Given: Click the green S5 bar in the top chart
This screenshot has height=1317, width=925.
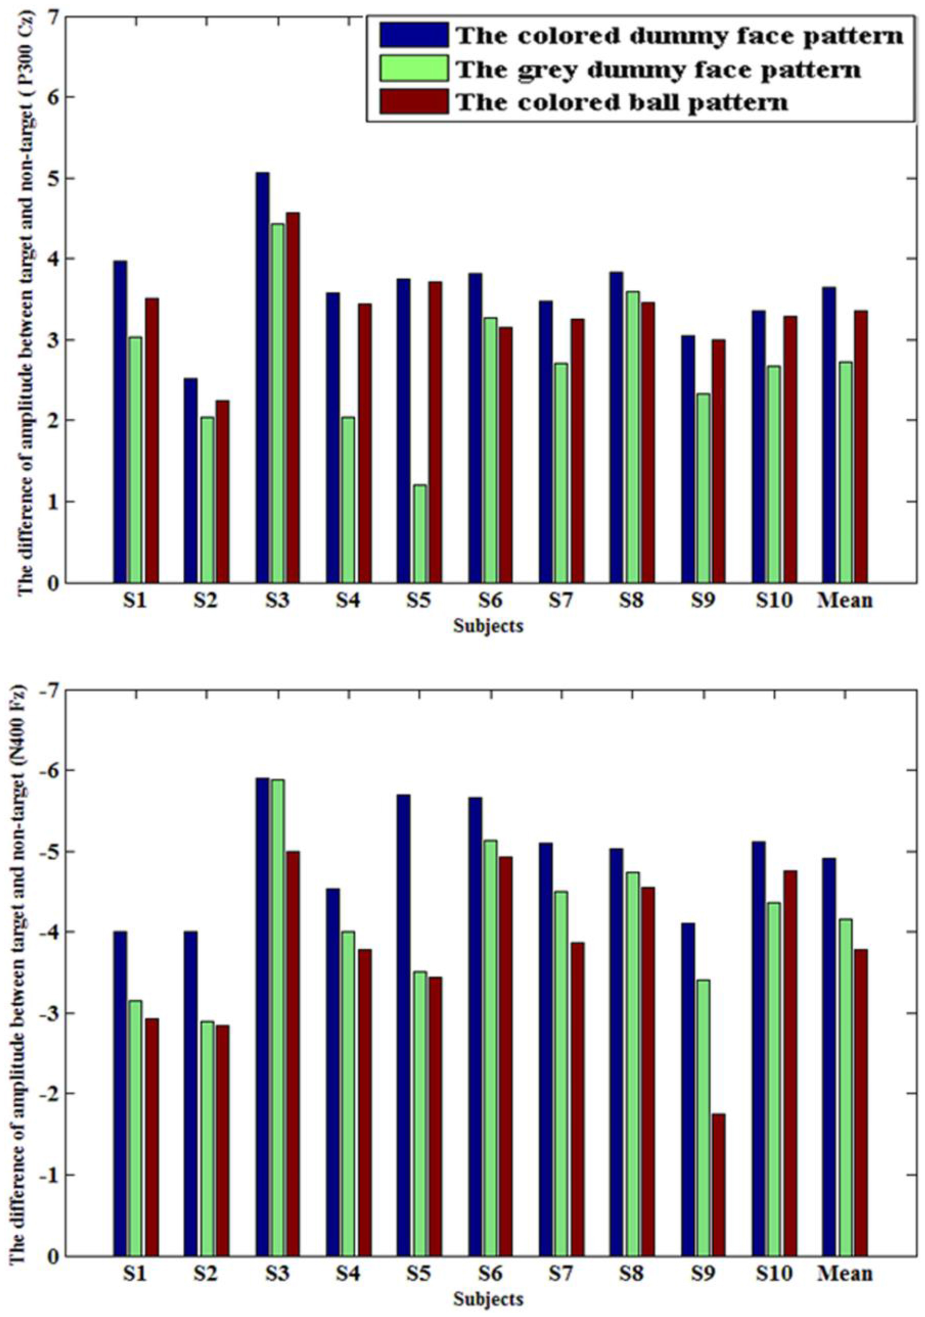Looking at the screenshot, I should coord(419,534).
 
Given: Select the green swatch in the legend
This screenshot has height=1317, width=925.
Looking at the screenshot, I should coord(413,68).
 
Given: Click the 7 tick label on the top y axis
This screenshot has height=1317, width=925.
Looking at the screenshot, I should coord(54,17).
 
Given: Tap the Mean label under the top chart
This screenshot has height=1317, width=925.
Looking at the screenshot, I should coord(845,601).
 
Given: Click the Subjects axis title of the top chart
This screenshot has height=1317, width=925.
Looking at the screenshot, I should coord(488,626).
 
